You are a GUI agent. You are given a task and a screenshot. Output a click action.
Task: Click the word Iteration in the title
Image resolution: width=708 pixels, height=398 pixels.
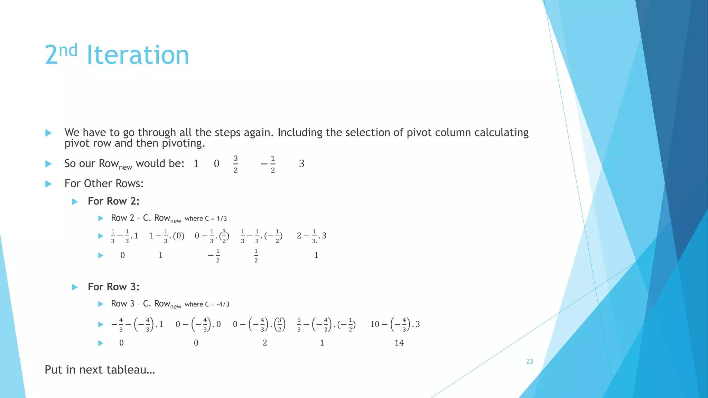[138, 55]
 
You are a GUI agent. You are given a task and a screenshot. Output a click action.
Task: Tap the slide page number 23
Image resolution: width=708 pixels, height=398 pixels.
[529, 361]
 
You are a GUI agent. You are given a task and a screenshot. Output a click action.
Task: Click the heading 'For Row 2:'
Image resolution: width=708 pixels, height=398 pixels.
[113, 201]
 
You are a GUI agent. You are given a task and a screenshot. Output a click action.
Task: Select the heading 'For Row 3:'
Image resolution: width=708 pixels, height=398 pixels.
[113, 287]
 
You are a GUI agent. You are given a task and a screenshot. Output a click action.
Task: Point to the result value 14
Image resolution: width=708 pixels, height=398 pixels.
[399, 343]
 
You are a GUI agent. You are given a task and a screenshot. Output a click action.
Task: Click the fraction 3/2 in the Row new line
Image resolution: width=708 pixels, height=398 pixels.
[235, 164]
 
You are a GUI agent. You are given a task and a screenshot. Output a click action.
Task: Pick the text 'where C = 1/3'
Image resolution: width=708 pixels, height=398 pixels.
[206, 218]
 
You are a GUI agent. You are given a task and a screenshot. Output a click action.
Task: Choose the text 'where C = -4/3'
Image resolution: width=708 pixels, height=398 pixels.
[207, 304]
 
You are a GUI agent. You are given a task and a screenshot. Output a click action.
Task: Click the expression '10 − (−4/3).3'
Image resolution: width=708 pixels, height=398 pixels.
[395, 324]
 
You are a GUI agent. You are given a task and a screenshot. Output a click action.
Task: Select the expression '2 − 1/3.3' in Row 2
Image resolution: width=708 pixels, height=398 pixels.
[311, 236]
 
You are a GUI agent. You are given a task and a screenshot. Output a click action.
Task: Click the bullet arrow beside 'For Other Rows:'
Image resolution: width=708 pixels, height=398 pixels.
[48, 184]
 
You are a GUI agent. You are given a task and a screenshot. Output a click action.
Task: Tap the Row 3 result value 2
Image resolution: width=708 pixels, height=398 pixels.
[264, 343]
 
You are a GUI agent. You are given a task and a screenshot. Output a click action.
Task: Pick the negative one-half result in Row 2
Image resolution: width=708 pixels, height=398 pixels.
[214, 255]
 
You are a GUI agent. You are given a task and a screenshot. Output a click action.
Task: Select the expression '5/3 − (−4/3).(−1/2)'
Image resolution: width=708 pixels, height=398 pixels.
[326, 324]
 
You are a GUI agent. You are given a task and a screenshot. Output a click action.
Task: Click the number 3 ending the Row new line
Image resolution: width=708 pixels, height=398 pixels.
[301, 164]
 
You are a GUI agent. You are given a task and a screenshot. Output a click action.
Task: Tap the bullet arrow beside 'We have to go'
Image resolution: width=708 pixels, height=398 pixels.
[48, 133]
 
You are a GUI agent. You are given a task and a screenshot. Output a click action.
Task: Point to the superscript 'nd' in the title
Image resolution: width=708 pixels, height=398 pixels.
[68, 50]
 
